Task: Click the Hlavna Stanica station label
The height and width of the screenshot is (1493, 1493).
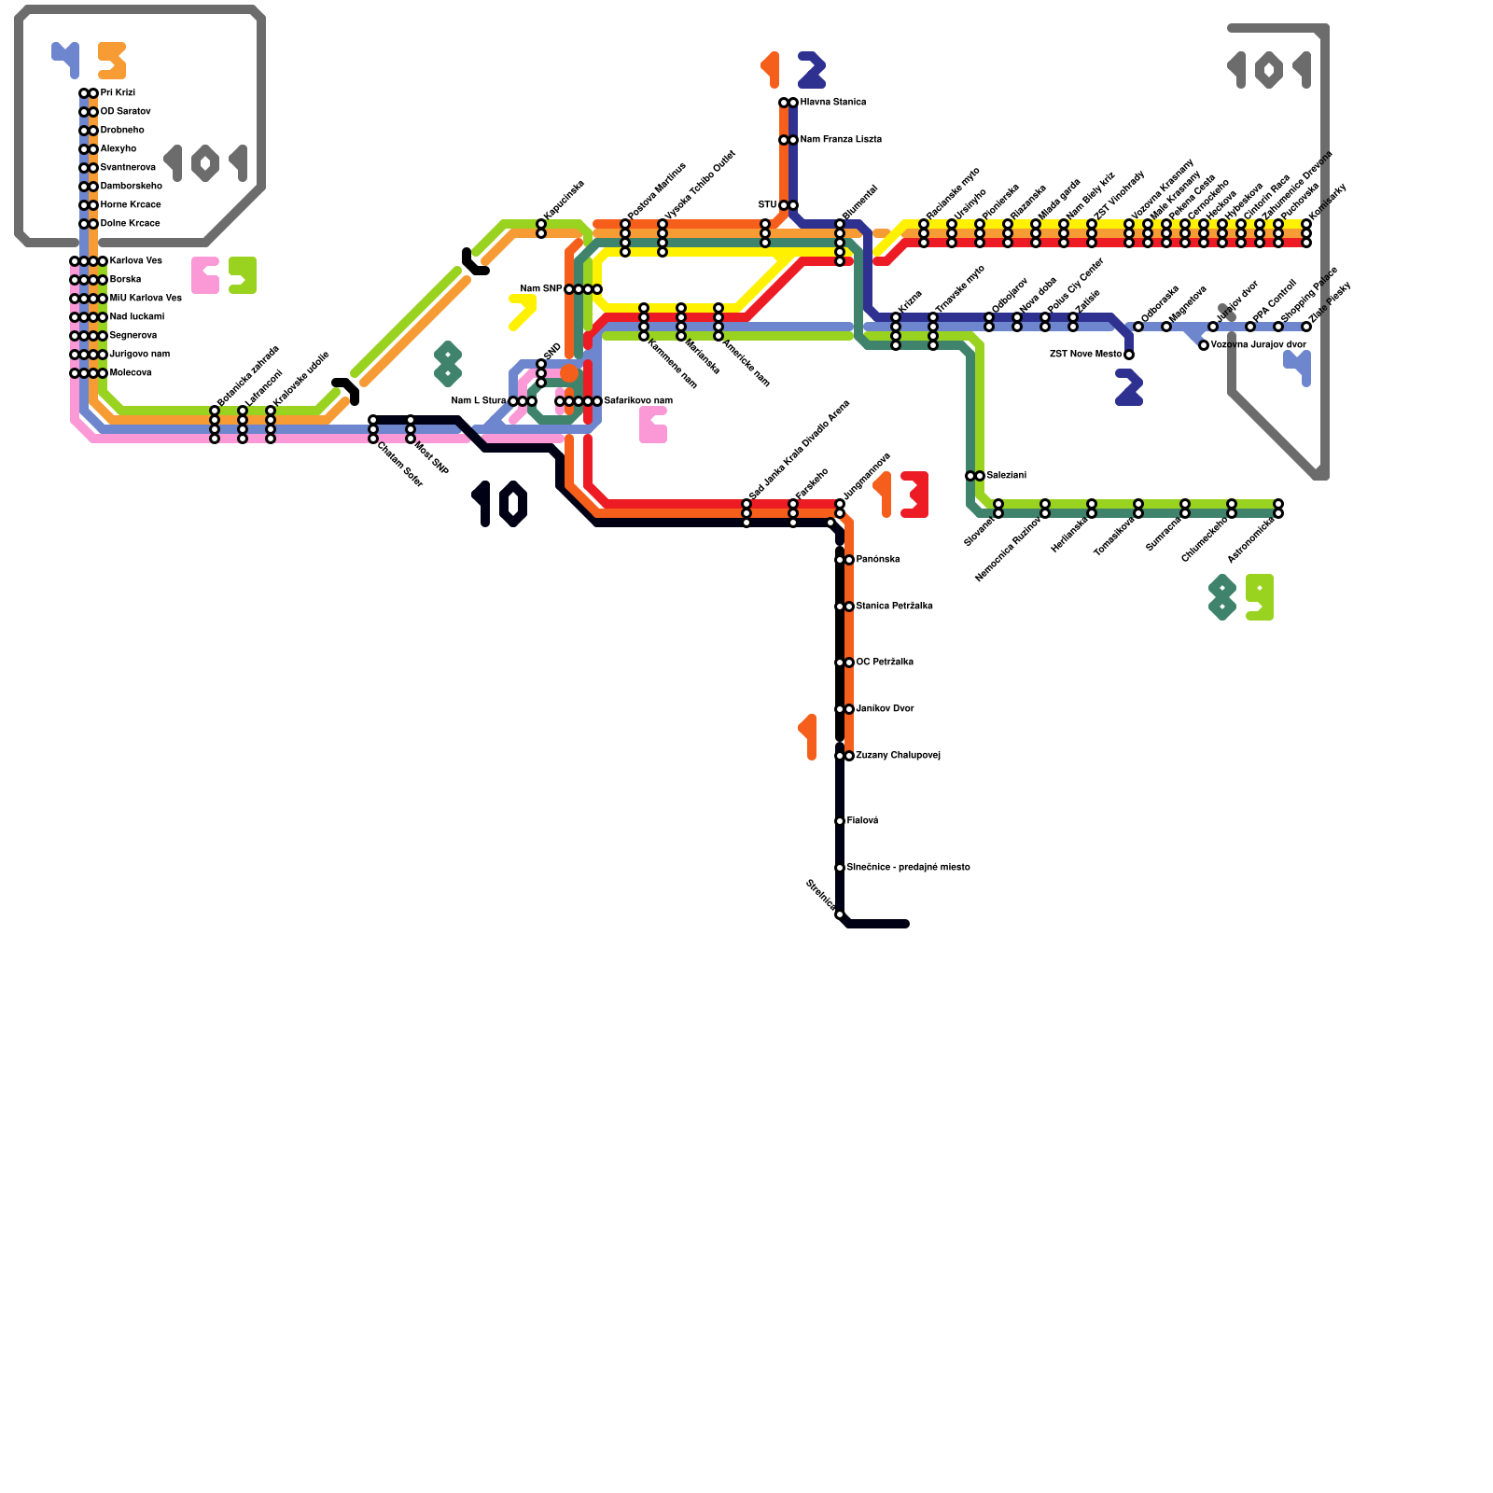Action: point(832,102)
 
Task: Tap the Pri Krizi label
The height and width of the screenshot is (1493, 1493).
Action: point(118,92)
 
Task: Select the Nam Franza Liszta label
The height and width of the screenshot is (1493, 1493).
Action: point(841,139)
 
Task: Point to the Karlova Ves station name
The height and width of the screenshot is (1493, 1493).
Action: point(135,260)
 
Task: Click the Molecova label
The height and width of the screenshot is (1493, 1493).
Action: point(131,372)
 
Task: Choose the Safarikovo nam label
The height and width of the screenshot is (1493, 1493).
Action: point(638,400)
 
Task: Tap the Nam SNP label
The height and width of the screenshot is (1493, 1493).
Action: point(540,288)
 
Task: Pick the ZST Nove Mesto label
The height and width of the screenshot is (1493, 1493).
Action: point(1085,354)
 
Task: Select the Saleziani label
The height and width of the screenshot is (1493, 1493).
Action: point(1006,475)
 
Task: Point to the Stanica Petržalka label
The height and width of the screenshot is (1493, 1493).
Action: point(894,606)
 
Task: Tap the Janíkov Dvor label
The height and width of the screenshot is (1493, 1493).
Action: point(885,708)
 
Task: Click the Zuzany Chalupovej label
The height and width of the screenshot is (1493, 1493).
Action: point(898,755)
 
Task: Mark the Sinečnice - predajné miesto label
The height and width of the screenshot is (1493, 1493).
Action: point(908,867)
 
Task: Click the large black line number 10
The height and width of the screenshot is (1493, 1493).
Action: point(501,504)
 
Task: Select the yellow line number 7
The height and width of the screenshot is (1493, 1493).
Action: point(522,313)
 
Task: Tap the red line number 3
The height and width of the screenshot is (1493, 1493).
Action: point(914,495)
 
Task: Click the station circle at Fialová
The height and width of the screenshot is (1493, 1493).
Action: point(840,821)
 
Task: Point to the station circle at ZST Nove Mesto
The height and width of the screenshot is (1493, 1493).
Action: point(1129,355)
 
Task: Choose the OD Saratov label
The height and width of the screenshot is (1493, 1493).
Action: point(125,111)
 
